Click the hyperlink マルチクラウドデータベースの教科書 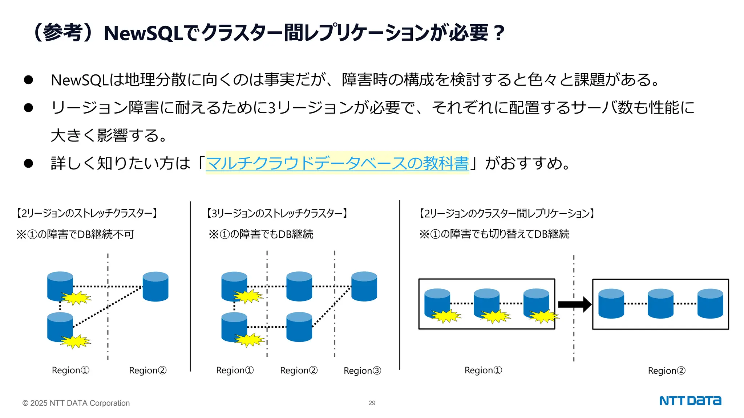[x=337, y=163]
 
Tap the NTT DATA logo [x=690, y=401]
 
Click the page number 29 [x=372, y=403]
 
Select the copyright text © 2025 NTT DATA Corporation [x=76, y=403]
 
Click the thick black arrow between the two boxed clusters [x=574, y=304]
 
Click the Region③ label [x=362, y=370]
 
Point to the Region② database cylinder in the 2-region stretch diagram [x=155, y=287]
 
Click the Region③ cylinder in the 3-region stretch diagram [x=364, y=287]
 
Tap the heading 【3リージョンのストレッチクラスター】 [x=277, y=213]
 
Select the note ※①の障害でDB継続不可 [x=75, y=234]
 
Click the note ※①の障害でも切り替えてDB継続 [x=494, y=234]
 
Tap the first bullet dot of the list [x=28, y=80]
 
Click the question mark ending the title [x=499, y=33]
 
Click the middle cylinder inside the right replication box [x=660, y=304]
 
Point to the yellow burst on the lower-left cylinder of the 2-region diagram [x=75, y=341]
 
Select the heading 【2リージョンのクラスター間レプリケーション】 [x=506, y=213]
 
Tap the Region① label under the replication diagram [x=483, y=370]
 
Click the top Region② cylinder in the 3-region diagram [x=299, y=287]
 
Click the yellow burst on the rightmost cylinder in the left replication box [x=543, y=316]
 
